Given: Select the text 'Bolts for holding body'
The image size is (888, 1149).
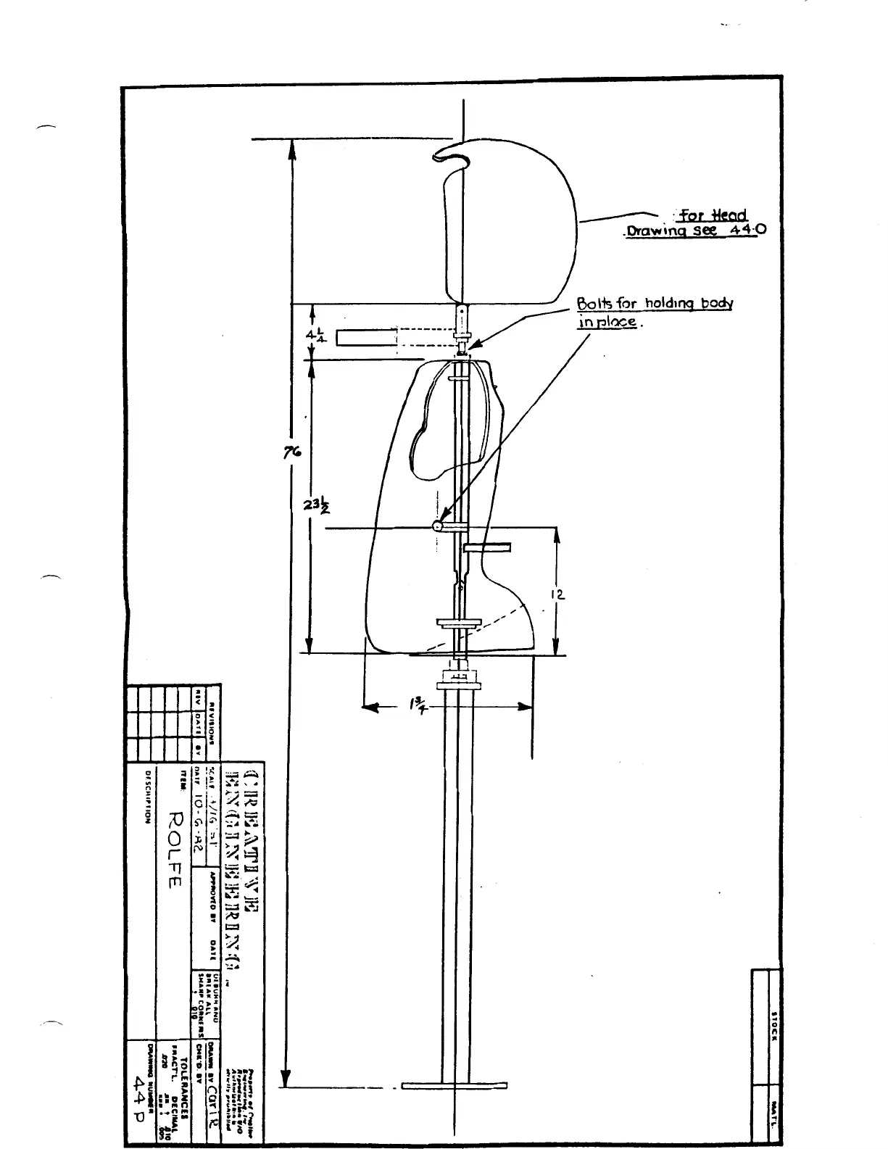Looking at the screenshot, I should coord(655,304).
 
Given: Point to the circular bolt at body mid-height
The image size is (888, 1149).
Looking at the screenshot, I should coord(438,526).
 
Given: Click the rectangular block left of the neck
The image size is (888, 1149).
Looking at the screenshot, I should coord(366,337).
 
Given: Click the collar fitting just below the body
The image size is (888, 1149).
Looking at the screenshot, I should coord(460,681).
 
